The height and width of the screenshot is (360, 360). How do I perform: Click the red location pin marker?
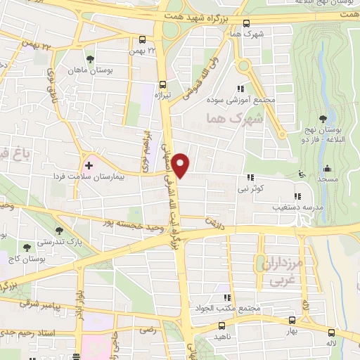(x=181, y=166)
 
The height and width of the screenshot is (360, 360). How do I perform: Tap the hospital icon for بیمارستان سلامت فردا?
(x=89, y=165)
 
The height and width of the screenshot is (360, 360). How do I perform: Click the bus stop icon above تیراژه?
(x=162, y=82)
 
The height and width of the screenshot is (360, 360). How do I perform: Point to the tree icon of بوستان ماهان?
(x=89, y=60)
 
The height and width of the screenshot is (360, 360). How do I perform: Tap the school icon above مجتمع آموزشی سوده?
(x=241, y=89)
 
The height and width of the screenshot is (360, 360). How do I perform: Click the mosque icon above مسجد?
(x=327, y=168)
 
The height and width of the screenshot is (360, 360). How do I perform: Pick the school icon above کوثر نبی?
(x=250, y=179)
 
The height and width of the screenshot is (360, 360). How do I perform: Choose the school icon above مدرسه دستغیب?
(x=297, y=195)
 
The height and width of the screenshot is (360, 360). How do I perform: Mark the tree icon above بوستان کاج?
(x=27, y=247)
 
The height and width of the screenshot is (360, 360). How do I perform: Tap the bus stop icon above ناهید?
(x=222, y=326)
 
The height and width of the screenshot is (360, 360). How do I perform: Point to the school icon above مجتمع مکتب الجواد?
(x=226, y=297)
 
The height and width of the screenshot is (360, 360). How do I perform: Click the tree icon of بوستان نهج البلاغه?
(x=323, y=118)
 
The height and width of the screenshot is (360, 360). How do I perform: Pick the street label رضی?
(x=147, y=329)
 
